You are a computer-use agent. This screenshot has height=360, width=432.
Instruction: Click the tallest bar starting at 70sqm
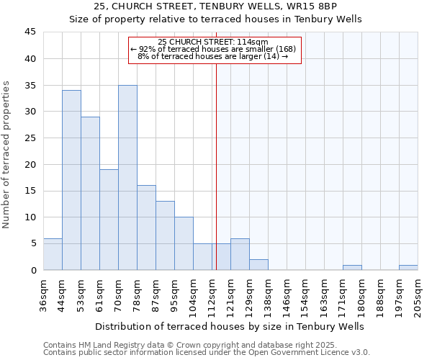point(127,178)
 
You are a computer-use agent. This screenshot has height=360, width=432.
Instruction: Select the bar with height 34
point(71,180)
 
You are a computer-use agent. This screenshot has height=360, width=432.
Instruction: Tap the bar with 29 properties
point(90,193)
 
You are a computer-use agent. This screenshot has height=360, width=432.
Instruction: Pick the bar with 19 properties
point(109,220)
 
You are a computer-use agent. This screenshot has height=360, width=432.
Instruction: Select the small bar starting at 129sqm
point(258,265)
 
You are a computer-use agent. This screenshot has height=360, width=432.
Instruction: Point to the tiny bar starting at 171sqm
point(352,268)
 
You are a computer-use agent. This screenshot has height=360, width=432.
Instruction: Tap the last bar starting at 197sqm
point(408,268)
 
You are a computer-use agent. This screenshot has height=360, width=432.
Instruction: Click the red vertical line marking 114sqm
point(216,166)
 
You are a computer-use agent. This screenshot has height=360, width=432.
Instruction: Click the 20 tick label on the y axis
point(31,164)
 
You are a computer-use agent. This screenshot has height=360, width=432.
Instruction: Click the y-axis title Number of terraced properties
point(7,155)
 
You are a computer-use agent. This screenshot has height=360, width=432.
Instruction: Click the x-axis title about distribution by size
point(230,326)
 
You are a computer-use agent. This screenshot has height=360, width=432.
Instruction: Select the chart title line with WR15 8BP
point(215,7)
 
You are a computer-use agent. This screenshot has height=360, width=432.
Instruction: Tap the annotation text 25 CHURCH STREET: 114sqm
point(213,42)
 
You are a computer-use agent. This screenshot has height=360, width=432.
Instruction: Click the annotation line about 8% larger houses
point(213,56)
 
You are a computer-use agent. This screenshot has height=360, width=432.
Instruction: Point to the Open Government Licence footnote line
point(206,352)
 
